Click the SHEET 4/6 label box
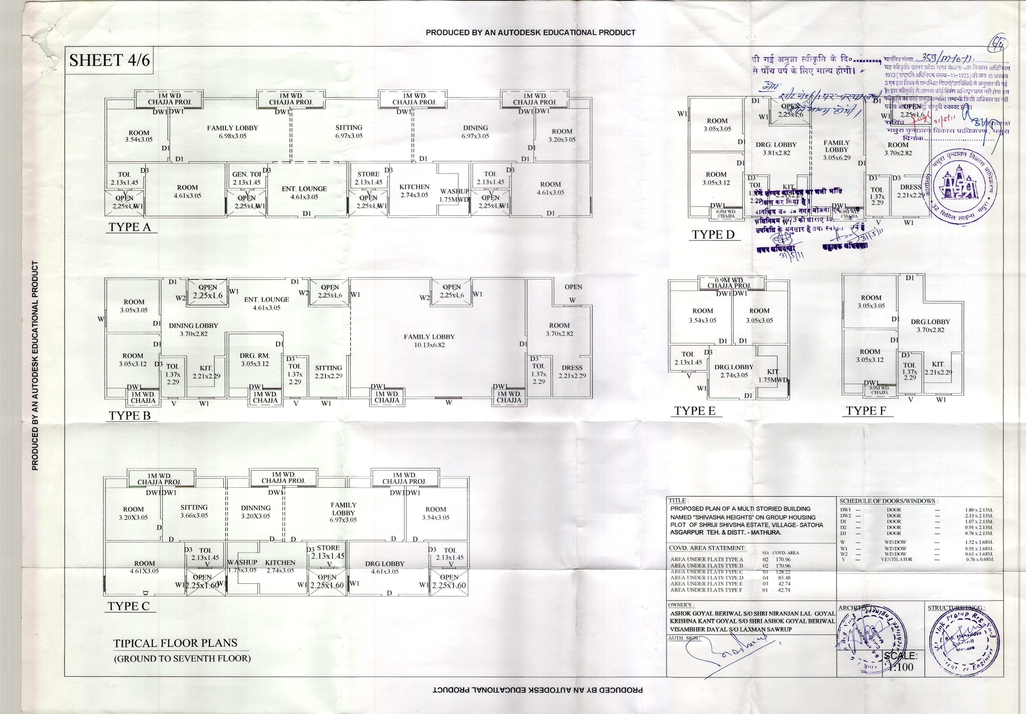(109, 60)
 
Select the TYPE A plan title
(130, 227)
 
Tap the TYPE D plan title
(713, 235)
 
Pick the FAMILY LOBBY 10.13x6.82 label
(429, 341)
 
